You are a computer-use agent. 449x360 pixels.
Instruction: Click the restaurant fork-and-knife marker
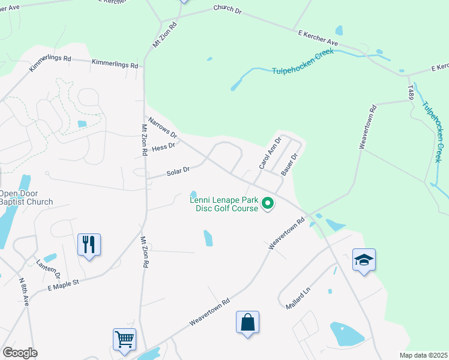[x=89, y=245]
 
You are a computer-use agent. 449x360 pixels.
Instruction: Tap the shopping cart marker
[x=124, y=339]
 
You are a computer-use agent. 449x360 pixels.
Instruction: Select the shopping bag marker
[x=247, y=322]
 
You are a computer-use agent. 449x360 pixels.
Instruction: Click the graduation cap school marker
[x=364, y=260]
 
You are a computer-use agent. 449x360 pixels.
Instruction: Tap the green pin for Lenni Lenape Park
[x=268, y=205]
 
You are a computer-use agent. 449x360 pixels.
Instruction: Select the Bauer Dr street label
[x=290, y=163]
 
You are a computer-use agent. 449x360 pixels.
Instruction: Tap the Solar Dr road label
[x=178, y=172]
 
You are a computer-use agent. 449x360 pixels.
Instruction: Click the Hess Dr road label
[x=164, y=146]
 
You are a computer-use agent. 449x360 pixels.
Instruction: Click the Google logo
[x=20, y=353]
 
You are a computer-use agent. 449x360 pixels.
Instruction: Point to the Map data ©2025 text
[x=423, y=355]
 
